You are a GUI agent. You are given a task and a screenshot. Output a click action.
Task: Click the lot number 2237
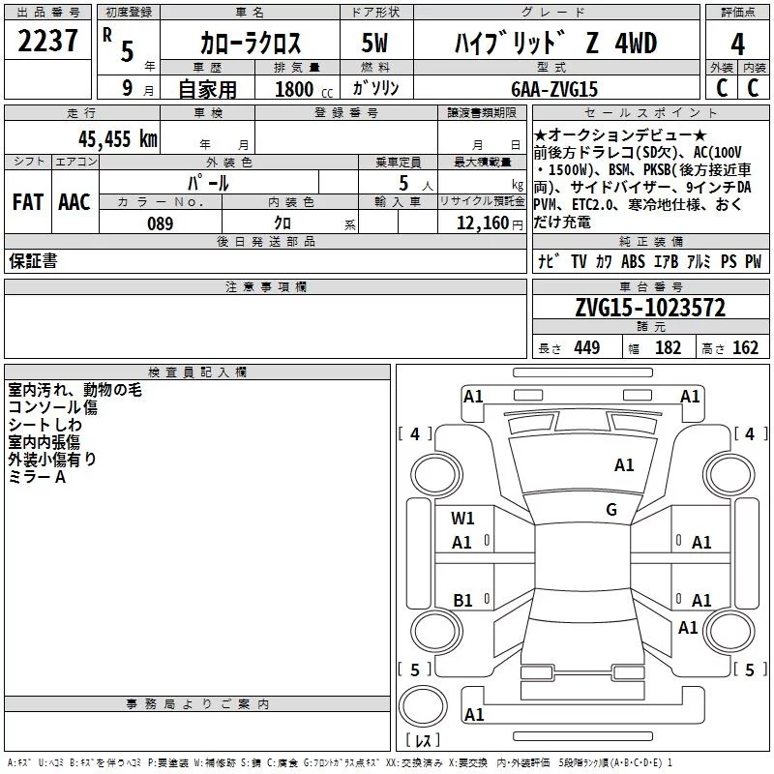[47, 41]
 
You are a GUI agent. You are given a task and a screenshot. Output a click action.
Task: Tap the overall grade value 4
[737, 45]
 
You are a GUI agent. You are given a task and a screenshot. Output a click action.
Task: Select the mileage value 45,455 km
[117, 139]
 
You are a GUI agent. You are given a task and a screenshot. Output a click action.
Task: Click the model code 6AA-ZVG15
[554, 89]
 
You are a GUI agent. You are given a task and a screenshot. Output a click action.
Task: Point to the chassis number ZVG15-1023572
[650, 308]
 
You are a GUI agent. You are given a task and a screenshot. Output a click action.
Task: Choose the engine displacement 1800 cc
[304, 89]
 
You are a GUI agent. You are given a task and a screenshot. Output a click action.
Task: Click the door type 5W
[374, 43]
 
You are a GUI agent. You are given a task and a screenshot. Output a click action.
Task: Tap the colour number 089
[161, 223]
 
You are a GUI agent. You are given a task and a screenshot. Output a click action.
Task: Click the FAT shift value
[28, 202]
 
